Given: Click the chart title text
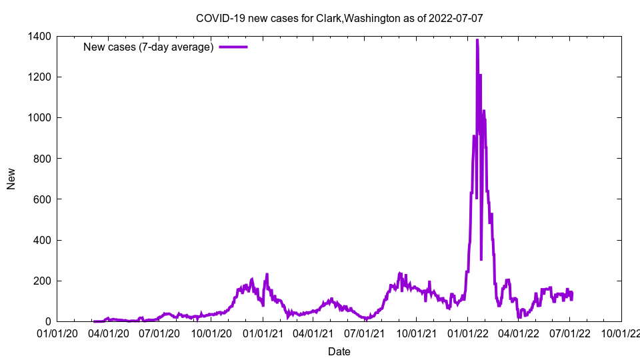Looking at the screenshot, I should [339, 18].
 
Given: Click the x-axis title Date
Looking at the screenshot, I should [339, 351].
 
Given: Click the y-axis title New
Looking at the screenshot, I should [11, 179].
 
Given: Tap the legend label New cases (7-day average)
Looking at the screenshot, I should [148, 47].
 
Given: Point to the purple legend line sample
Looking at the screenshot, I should [233, 47].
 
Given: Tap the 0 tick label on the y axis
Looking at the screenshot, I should [47, 321].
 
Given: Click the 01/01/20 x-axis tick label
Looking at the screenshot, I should [57, 332].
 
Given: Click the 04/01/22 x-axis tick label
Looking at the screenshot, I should [519, 332].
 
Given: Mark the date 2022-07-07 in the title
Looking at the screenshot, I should [456, 18].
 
